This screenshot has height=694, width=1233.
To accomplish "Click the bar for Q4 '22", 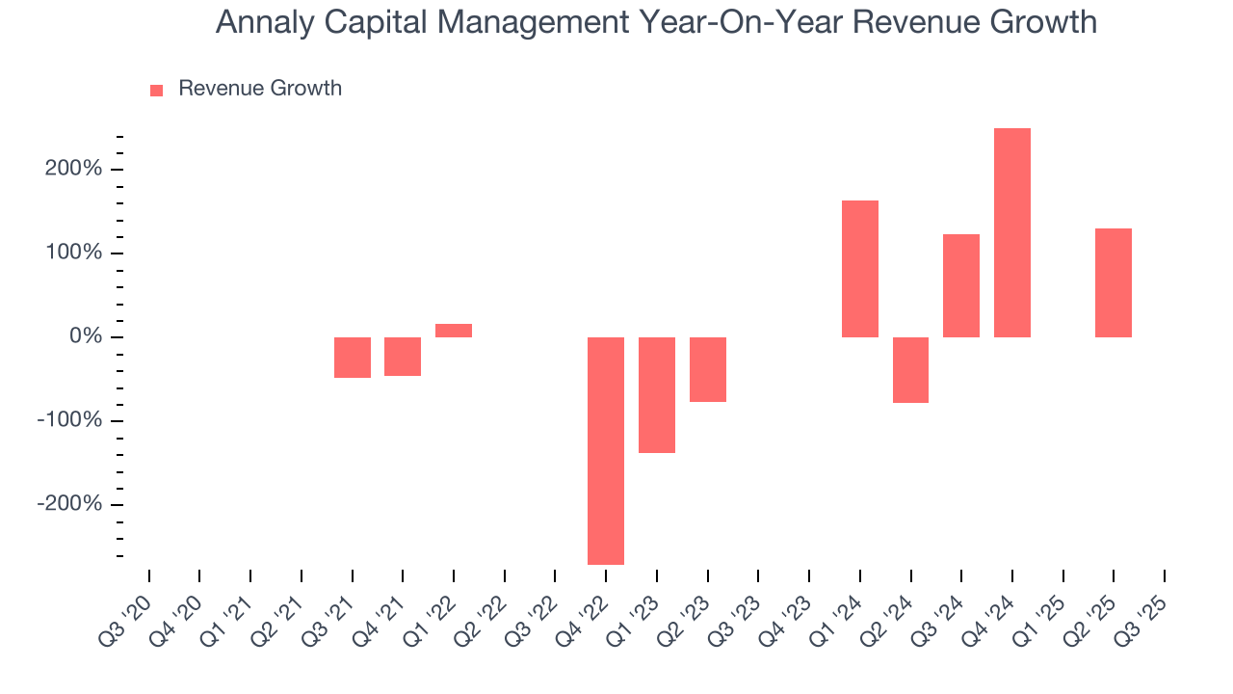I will point(606,450).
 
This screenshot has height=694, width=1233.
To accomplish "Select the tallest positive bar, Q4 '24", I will point(1012,232).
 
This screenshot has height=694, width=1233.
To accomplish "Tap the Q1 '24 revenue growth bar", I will point(859,269).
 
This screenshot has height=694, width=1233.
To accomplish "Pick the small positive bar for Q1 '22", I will point(454,331).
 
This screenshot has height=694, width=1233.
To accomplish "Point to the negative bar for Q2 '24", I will point(910,370).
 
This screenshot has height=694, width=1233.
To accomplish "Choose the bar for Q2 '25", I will point(1114,282).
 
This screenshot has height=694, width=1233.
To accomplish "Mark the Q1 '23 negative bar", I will point(657,394).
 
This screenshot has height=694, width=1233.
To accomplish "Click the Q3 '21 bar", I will point(353,358).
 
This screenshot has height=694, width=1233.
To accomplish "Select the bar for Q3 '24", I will point(961,285).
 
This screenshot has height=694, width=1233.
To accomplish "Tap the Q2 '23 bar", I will point(708,369).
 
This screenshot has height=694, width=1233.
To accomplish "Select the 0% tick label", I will point(87,337).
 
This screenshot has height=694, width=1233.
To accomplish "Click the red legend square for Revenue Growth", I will point(157,90).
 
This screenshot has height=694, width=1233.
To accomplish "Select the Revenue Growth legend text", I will point(260,89).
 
